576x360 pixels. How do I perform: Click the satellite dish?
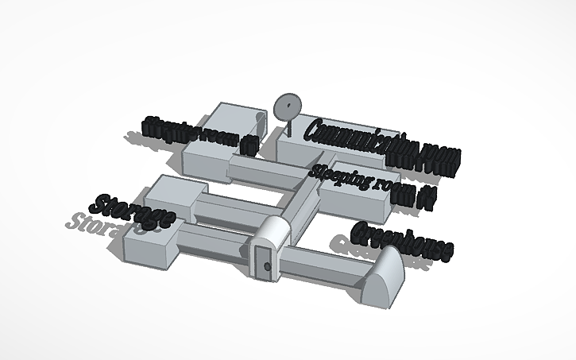click(x=288, y=107)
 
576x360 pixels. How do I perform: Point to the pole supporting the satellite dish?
click(x=289, y=127)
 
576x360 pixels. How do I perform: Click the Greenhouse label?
click(x=403, y=241)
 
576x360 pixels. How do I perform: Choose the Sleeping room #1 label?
click(x=200, y=135)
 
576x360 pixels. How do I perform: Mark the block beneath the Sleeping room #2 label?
click(x=358, y=203)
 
